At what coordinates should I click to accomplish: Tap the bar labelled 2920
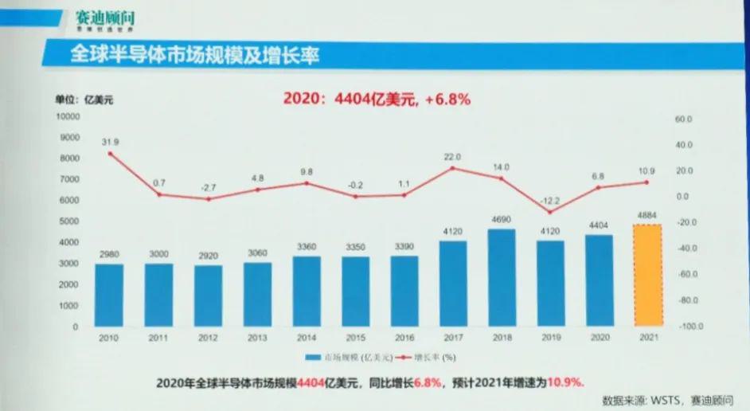[x=209, y=295]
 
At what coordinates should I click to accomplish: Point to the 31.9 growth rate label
[x=110, y=142]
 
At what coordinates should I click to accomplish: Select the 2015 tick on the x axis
[x=356, y=338]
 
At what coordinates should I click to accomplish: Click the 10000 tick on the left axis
[x=68, y=116]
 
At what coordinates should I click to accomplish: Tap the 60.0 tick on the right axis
[x=686, y=119]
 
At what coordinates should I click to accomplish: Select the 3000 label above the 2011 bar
[x=159, y=254]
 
